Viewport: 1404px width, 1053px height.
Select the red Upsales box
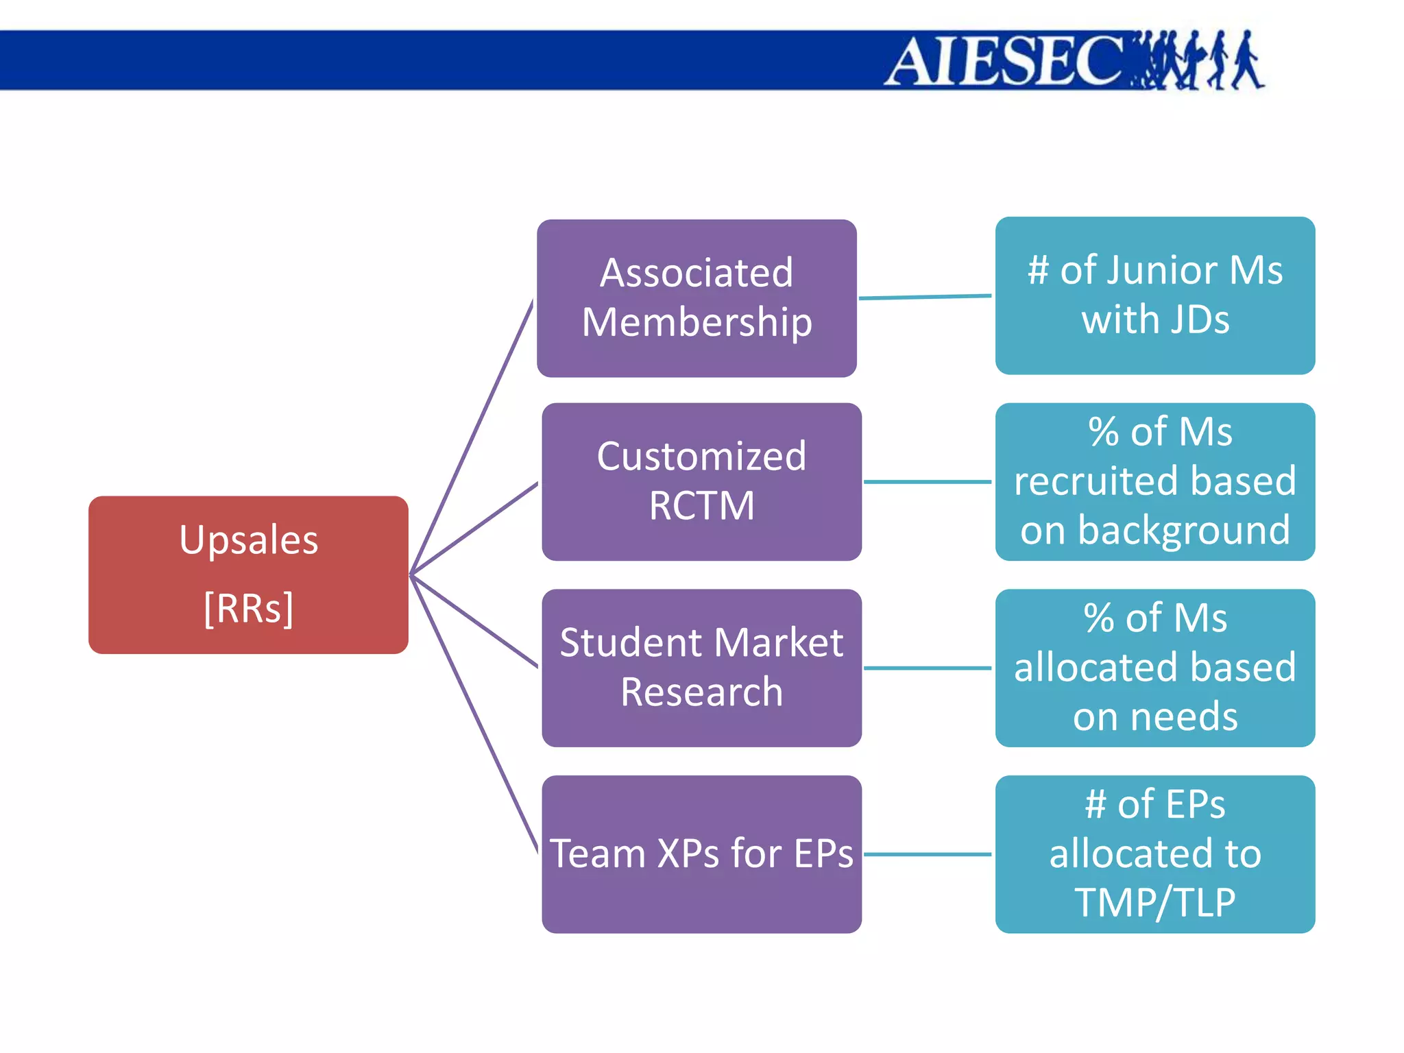[248, 574]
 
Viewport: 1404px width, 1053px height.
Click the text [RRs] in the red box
[248, 608]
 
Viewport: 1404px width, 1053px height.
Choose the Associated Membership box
[697, 298]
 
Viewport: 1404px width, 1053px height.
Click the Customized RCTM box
[701, 481]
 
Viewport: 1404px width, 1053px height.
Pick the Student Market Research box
[701, 668]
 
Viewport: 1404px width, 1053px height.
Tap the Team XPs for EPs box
[701, 854]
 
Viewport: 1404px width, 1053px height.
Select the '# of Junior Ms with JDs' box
[1155, 295]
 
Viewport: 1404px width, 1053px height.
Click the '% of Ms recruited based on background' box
[1155, 481]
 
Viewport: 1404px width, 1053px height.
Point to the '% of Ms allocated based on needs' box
[1155, 668]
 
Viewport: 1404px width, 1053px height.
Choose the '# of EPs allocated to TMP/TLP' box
[1155, 854]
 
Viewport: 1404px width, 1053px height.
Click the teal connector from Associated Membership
[925, 297]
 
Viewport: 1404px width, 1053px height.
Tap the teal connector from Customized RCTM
[927, 482]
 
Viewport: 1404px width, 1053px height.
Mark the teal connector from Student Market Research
[927, 668]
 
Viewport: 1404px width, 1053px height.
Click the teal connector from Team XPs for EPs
[927, 854]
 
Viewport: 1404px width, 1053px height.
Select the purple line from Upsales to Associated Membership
[472, 437]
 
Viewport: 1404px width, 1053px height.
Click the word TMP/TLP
[1155, 903]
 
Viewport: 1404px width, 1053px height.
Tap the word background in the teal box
[1184, 531]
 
